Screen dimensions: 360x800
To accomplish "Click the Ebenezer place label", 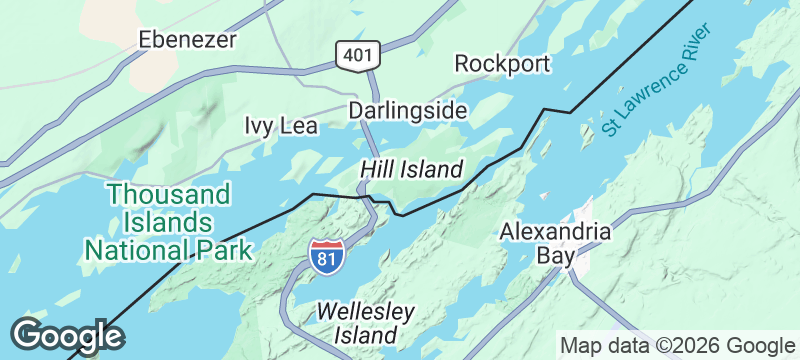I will (x=189, y=40).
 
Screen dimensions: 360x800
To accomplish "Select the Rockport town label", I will (x=502, y=64).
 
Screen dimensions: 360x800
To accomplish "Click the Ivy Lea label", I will (x=281, y=126).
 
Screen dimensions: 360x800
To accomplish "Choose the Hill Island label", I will (x=412, y=169).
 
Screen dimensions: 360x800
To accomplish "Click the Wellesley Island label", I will (x=364, y=322).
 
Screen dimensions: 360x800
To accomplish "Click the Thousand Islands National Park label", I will (x=168, y=220).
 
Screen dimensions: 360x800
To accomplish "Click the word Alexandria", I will (x=555, y=231).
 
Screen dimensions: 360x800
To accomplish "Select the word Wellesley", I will (x=364, y=311).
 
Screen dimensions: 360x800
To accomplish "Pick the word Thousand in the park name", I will (x=169, y=193).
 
